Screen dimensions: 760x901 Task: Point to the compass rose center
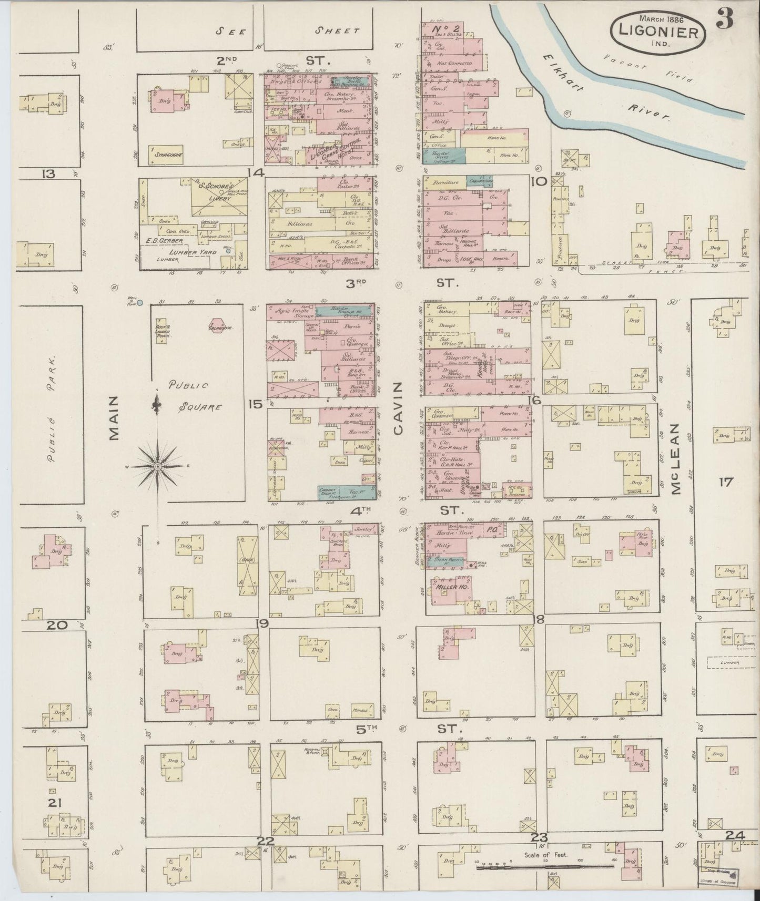pos(158,466)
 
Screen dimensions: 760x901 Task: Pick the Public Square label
pos(188,395)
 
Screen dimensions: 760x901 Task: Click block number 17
pos(726,482)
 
